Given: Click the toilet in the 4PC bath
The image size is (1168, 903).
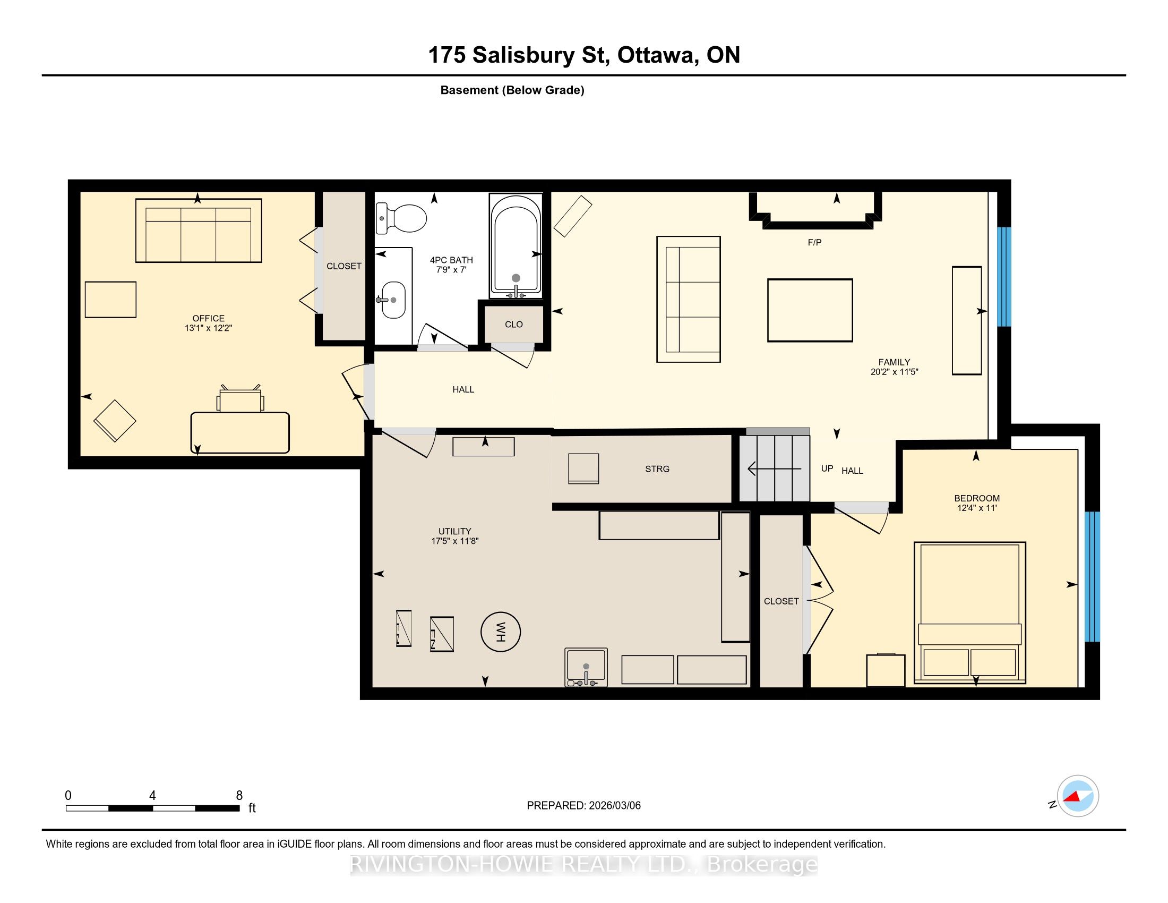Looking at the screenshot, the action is [x=401, y=218].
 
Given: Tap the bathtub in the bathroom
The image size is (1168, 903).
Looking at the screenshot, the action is [x=516, y=245].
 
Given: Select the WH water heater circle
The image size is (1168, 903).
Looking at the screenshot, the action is [x=501, y=632].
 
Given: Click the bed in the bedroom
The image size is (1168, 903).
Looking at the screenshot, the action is [x=969, y=612].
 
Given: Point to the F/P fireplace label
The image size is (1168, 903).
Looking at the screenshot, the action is [x=814, y=242].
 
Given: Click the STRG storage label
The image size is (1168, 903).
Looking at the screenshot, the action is [x=657, y=468].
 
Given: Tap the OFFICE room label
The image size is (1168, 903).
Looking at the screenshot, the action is [x=209, y=318].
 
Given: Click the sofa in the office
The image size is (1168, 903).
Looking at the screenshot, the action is [x=199, y=231].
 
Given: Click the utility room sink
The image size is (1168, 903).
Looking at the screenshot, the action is [x=586, y=667].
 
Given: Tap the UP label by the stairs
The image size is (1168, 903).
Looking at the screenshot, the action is [x=827, y=468].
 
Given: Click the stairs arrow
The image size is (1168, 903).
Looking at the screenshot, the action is [x=775, y=469].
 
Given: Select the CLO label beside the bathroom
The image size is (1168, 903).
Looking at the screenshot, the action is [x=514, y=324].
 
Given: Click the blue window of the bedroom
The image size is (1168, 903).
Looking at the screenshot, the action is [x=1092, y=577].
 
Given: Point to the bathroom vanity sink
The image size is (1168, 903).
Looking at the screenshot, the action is [x=393, y=300].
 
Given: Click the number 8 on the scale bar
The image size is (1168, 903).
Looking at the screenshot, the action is [x=239, y=795].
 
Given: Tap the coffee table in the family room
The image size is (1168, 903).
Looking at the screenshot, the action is [x=810, y=310].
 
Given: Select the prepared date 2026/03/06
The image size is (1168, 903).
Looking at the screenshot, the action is [x=614, y=805].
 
